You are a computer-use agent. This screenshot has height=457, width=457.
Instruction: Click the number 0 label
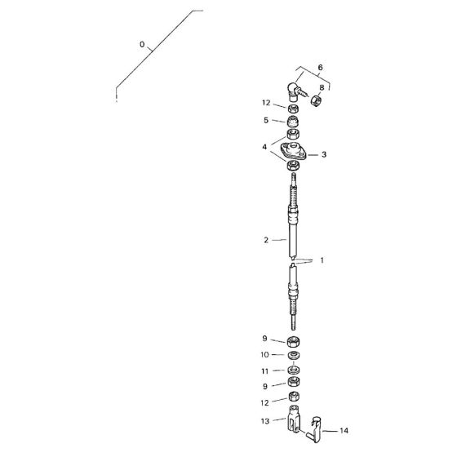pos(142,46)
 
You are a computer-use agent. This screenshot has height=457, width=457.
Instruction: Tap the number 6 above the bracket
pos(320,66)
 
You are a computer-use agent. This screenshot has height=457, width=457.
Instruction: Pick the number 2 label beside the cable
pos(266,240)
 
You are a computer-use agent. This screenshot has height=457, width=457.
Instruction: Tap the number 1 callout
pos(322,260)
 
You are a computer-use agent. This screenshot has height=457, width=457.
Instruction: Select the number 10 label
pos(265,355)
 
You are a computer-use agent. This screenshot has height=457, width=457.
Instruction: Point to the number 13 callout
pos(265,421)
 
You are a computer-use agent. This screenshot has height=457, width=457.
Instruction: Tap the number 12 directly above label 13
pos(265,402)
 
